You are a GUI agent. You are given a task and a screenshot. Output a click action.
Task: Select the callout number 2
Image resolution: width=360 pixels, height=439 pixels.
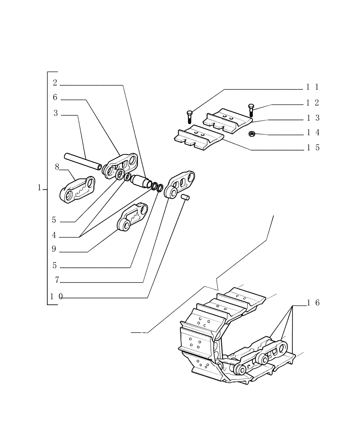pos(55,83)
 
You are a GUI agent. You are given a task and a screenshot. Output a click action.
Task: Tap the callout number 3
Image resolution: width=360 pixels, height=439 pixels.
pos(55,113)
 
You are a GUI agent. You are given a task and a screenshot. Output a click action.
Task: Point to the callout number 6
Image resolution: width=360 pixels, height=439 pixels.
pos(55,97)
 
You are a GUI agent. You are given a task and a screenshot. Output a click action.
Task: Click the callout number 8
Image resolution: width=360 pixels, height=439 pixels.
pos(57,167)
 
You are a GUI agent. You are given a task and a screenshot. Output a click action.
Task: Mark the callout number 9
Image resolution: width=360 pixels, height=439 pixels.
pos(54,249)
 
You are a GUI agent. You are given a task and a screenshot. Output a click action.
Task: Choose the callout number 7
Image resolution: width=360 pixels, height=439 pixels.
pos(57,280)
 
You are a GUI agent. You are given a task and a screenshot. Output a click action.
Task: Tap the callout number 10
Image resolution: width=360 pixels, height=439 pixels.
pos(56,296)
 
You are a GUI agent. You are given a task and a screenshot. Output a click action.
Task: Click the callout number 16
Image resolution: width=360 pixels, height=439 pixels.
pos(313,302)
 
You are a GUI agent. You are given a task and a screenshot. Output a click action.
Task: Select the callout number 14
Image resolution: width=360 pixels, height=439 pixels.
pos(313,133)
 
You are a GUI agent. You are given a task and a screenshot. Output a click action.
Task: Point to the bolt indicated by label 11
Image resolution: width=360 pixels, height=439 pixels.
pos(188,115)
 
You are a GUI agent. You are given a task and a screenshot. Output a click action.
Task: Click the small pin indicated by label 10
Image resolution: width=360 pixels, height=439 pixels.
pos(185,198)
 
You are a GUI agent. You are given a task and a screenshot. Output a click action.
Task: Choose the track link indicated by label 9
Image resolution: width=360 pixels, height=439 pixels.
pos(133,217)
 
